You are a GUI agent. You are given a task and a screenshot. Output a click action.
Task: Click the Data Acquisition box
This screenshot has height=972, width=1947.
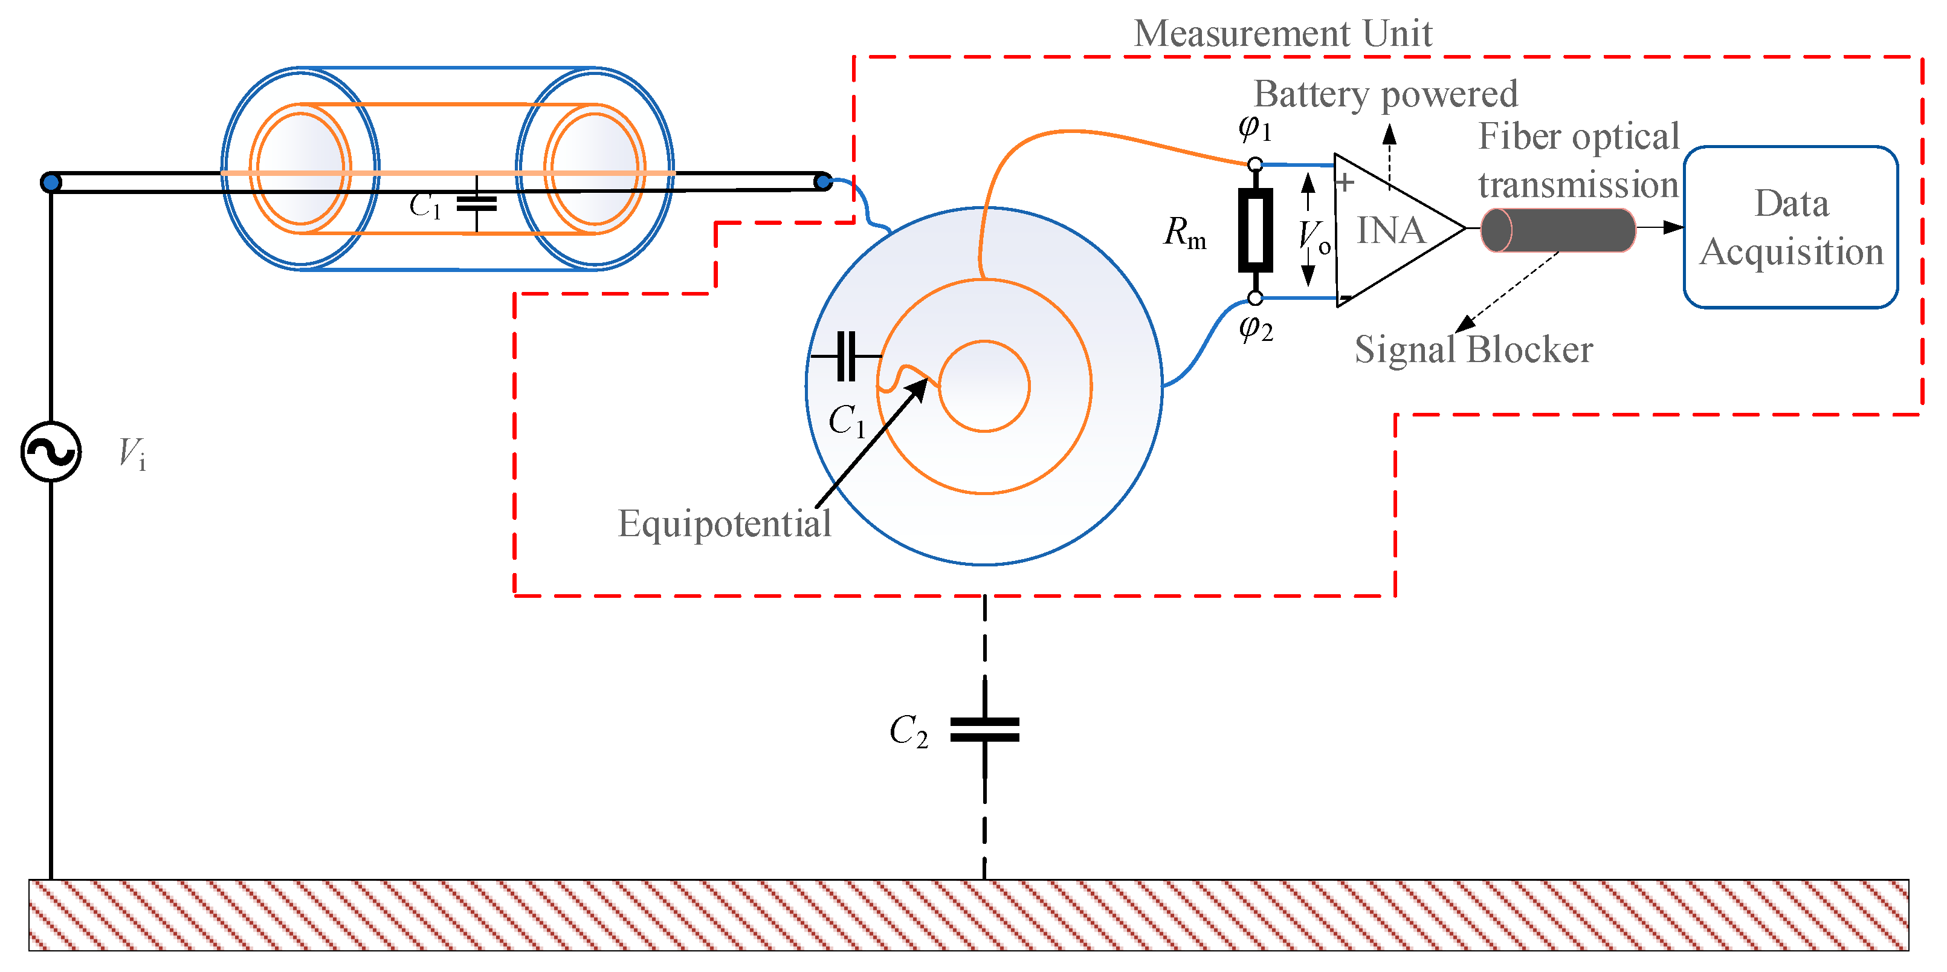1790,227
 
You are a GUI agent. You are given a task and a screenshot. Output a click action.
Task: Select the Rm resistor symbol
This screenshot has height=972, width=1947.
1254,230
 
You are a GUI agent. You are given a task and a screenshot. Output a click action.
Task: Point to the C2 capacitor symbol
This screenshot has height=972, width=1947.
984,730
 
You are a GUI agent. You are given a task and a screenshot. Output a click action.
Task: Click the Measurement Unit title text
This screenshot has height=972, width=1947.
1283,33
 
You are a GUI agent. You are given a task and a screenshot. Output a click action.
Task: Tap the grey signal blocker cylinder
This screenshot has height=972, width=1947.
1557,230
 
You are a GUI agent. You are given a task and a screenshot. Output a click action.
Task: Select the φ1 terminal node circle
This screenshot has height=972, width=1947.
1254,164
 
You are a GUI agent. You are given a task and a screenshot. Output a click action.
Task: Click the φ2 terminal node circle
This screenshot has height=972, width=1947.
1254,298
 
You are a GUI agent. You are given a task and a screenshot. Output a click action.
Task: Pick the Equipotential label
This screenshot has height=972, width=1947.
724,523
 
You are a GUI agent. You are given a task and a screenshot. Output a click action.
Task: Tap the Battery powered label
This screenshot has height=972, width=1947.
1384,94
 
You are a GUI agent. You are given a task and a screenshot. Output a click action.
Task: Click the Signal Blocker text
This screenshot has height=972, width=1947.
1473,349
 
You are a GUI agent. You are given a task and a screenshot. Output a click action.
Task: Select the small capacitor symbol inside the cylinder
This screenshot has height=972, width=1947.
477,202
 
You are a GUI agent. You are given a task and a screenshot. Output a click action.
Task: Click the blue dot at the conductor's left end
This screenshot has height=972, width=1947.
51,182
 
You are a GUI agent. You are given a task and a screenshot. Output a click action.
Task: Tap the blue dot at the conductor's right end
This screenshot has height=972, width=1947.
824,181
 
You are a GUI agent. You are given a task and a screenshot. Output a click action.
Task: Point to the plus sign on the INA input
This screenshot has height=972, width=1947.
1344,182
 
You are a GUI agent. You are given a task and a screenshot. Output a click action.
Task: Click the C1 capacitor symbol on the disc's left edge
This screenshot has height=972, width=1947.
847,355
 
